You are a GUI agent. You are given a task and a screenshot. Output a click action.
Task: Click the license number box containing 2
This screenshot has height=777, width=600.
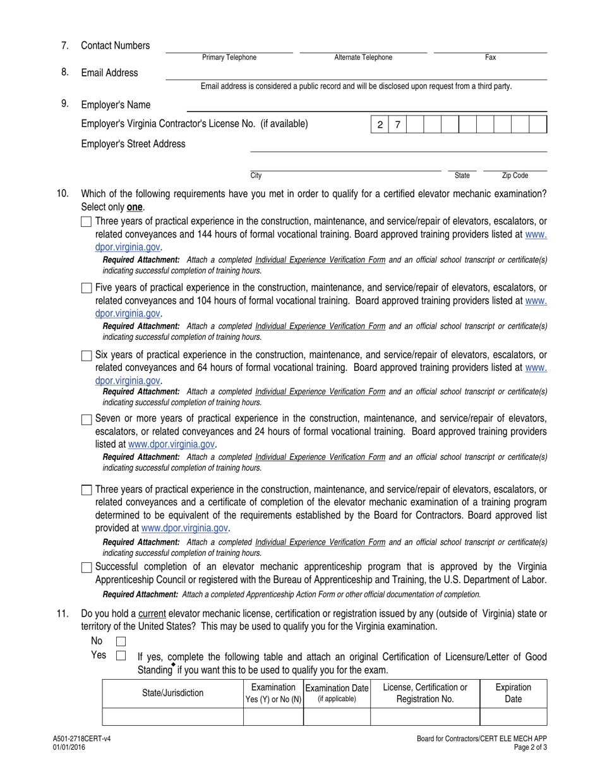380,124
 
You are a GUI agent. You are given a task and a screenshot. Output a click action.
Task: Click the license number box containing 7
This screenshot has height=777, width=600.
397,124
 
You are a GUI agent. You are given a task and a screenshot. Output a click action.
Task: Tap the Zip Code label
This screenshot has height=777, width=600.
515,176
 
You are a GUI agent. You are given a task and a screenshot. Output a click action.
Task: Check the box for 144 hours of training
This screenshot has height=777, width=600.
87,222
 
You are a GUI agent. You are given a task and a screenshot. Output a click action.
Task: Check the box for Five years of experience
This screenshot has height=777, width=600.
87,288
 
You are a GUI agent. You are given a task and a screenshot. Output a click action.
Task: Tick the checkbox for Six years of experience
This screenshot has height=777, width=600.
87,356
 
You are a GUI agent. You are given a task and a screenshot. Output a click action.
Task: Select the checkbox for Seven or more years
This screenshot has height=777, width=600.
87,419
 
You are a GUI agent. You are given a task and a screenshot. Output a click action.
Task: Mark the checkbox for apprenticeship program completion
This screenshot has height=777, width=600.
87,567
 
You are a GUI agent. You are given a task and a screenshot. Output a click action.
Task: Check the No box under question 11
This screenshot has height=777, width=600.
121,642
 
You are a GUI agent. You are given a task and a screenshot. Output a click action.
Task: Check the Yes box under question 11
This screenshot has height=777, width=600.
121,656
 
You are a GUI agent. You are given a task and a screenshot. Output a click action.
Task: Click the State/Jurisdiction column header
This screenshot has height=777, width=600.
172,693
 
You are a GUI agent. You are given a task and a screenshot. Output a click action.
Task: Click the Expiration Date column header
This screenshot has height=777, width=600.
513,693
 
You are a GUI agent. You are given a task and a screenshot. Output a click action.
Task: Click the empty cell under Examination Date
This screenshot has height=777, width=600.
336,716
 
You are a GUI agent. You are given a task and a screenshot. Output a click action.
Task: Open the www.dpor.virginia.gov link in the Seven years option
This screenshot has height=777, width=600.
171,444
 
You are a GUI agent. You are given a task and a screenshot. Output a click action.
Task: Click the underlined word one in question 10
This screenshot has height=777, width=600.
135,207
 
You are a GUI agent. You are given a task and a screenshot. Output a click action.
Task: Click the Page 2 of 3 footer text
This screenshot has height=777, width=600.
530,747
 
